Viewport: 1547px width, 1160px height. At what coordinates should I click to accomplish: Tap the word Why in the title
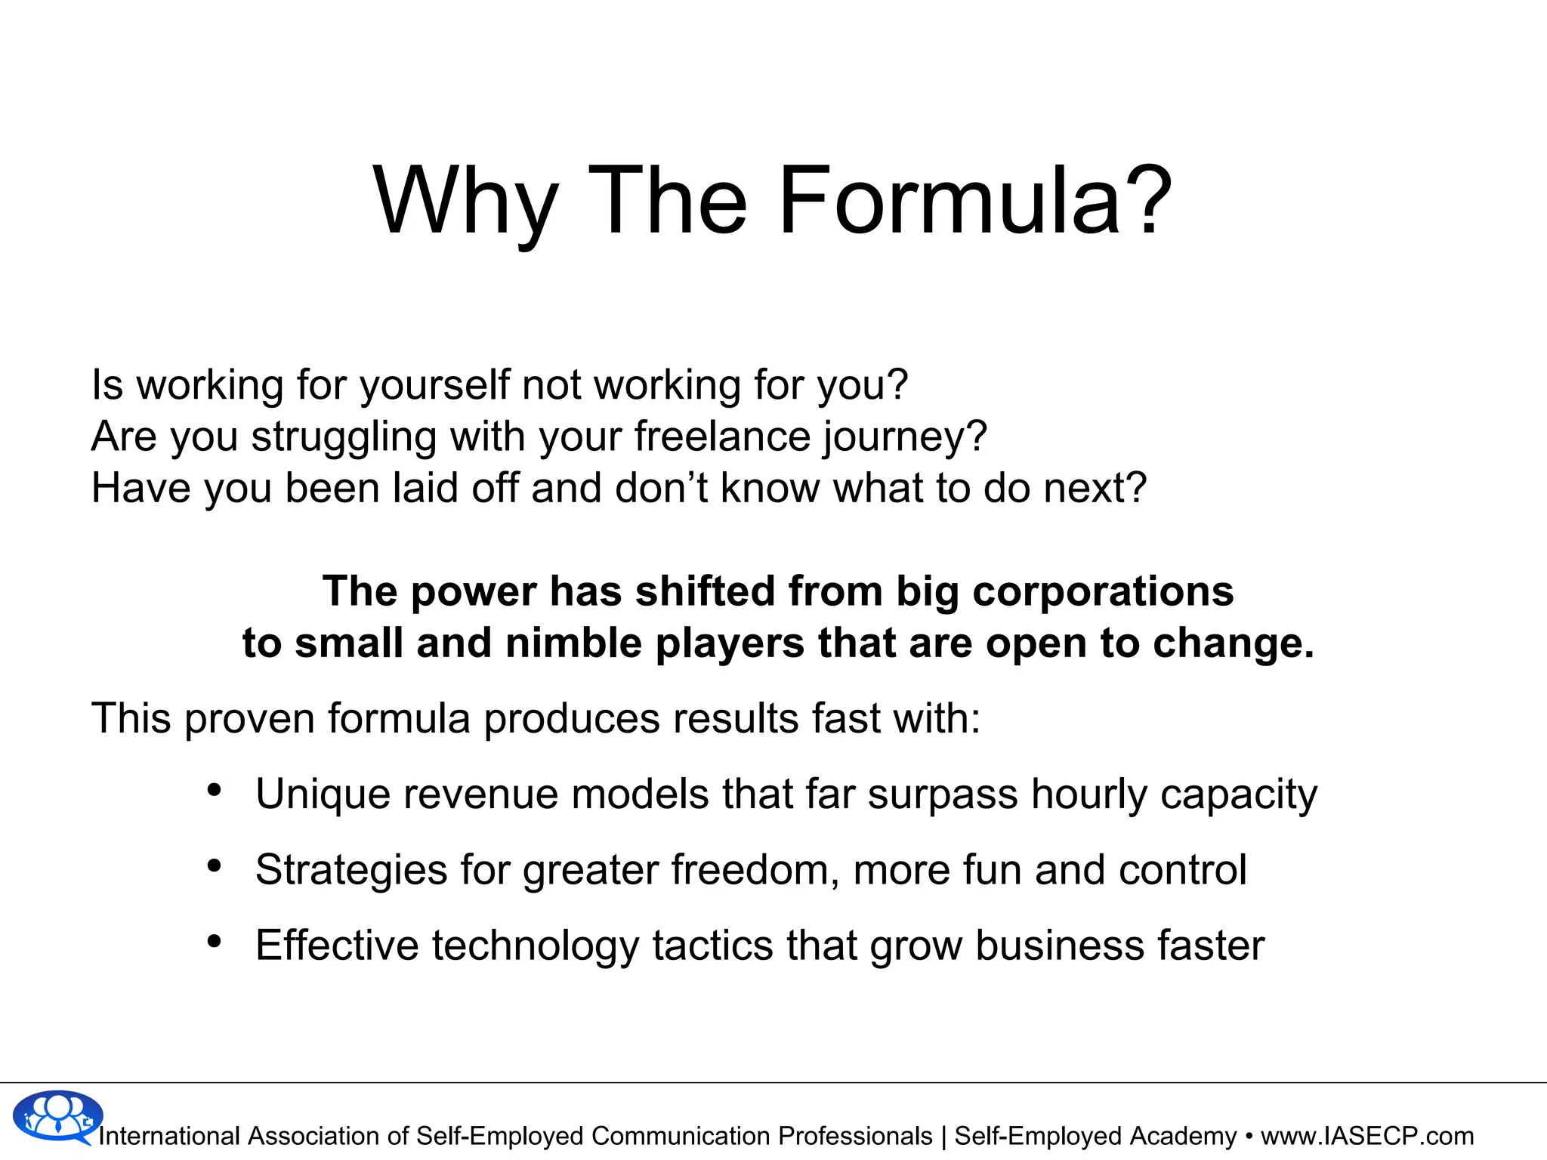click(465, 202)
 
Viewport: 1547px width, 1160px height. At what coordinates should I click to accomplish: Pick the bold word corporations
click(1103, 591)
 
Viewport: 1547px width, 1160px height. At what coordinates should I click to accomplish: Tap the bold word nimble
click(573, 643)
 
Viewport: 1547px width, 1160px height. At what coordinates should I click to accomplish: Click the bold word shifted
click(705, 591)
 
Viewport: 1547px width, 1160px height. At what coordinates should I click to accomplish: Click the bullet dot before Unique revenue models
click(215, 790)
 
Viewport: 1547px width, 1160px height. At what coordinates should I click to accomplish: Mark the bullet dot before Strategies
click(215, 865)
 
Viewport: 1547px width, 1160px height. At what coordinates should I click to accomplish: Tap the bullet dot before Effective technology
click(215, 941)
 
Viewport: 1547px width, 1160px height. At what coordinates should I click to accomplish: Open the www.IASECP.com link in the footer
click(1367, 1136)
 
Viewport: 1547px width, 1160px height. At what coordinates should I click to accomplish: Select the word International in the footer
click(169, 1136)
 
